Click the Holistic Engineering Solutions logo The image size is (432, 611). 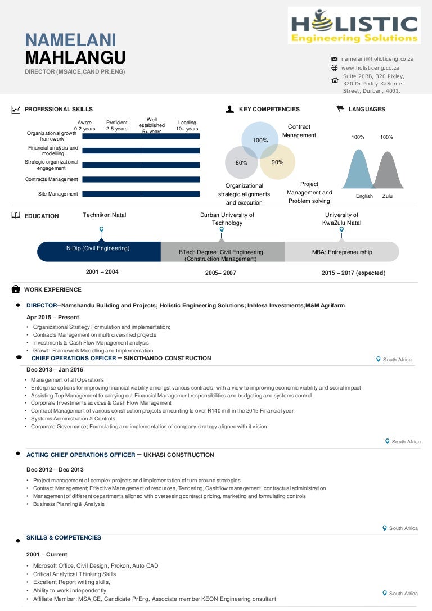(x=354, y=25)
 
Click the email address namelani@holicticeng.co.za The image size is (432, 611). (x=377, y=59)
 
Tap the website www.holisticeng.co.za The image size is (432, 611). (x=370, y=68)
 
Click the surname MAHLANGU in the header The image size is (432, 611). (x=75, y=57)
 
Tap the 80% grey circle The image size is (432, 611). (x=242, y=162)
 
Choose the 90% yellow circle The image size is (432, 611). (x=277, y=162)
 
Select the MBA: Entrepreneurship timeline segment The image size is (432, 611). (x=341, y=252)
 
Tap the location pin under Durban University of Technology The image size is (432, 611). (x=222, y=229)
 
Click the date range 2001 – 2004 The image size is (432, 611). (x=102, y=272)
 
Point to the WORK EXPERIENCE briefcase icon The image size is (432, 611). (x=15, y=289)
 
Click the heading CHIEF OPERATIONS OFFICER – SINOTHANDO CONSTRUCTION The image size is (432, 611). (x=121, y=358)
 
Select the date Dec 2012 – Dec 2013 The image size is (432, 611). (x=55, y=469)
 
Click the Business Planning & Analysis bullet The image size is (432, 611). (x=69, y=504)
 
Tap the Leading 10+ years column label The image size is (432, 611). (x=187, y=125)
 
